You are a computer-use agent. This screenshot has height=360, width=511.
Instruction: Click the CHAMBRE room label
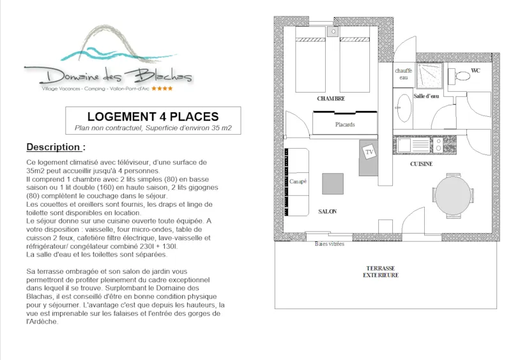pos(331,99)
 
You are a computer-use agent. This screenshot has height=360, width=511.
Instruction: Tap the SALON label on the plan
pos(327,211)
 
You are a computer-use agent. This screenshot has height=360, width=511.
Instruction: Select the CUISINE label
pos(421,164)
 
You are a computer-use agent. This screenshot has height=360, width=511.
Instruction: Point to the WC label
pos(475,70)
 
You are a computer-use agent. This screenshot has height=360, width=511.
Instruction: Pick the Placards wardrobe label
pos(345,124)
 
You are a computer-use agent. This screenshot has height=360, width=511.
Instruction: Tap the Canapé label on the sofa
pos(297,182)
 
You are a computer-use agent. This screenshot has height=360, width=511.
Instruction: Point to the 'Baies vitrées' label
pos(330,243)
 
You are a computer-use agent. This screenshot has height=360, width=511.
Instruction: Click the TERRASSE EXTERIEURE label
pos(381,271)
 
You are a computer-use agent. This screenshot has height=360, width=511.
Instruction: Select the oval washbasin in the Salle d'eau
pos(404,107)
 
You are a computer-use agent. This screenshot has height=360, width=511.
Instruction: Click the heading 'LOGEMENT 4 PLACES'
pos(153,117)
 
